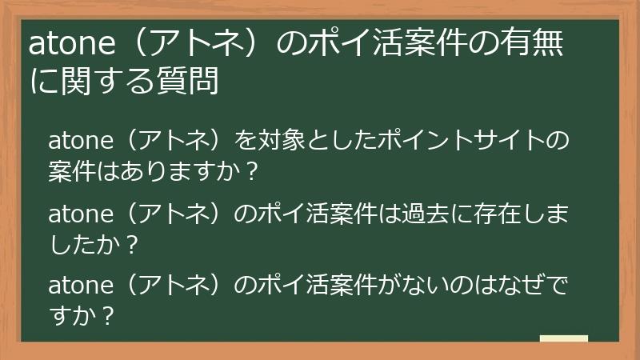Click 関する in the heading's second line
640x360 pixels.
point(103,82)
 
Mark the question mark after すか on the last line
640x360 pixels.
point(105,314)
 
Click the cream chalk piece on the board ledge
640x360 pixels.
point(564,339)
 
